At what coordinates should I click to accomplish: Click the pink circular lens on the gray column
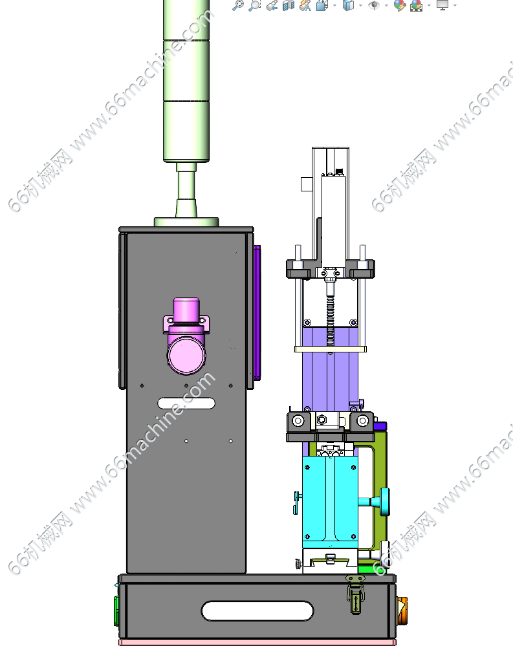[x=187, y=355]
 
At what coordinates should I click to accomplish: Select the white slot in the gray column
[x=186, y=404]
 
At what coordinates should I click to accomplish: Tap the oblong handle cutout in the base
[x=257, y=610]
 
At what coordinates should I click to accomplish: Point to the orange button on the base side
[x=402, y=610]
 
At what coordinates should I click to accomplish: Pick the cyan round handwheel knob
[x=384, y=502]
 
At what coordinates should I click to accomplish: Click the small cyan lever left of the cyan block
[x=297, y=502]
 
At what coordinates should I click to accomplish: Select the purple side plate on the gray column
[x=257, y=312]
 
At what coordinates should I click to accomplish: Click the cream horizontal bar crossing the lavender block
[x=331, y=349]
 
